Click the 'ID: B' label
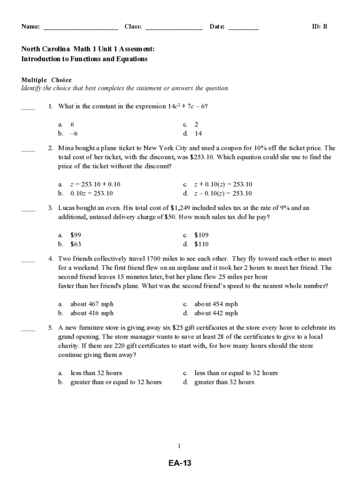(x=319, y=27)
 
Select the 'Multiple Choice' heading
(x=47, y=80)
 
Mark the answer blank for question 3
(x=28, y=210)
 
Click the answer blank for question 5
(x=28, y=330)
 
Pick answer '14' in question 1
(x=198, y=133)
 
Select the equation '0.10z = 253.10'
(x=92, y=193)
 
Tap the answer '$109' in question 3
(x=202, y=235)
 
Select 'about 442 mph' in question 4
(x=216, y=313)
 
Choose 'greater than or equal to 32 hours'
(x=116, y=382)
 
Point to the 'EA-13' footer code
(x=180, y=464)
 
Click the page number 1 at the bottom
(x=180, y=446)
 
